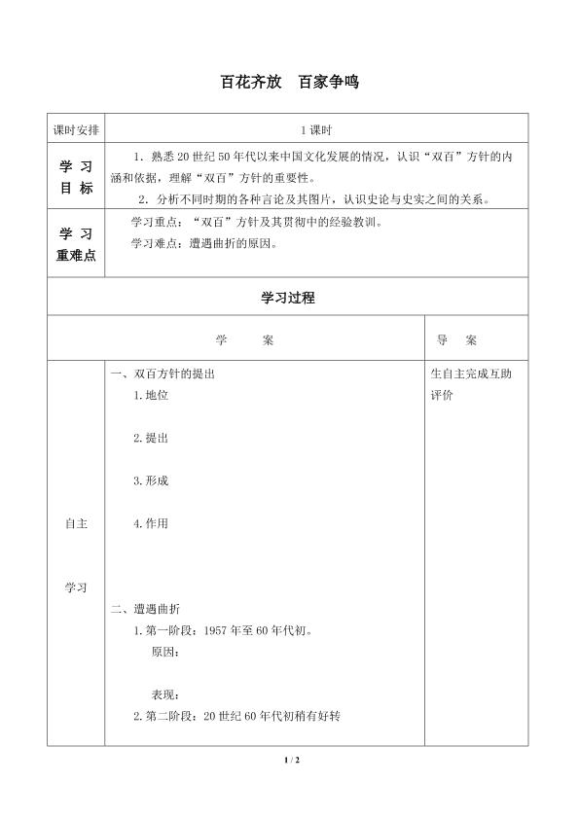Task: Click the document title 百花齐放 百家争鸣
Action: click(x=290, y=83)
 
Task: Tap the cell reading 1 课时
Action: click(x=316, y=128)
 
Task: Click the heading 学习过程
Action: click(x=288, y=299)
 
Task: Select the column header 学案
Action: click(x=244, y=340)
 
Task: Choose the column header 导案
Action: click(x=456, y=340)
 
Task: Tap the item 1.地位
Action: click(x=151, y=395)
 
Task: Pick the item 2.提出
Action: click(x=151, y=438)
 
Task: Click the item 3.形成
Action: click(x=151, y=480)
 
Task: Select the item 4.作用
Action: click(x=151, y=523)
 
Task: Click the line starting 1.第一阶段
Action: click(x=223, y=630)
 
